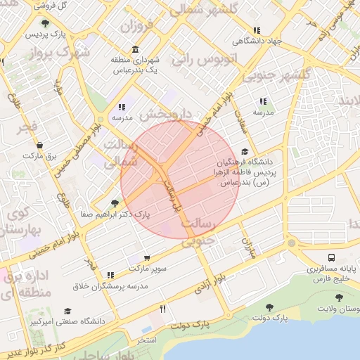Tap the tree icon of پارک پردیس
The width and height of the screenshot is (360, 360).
tap(45, 22)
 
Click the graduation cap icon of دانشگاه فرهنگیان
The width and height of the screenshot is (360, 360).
tap(244, 151)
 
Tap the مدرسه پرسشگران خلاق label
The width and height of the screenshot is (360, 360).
tap(112, 286)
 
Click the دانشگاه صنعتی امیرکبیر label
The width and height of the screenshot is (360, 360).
tap(67, 321)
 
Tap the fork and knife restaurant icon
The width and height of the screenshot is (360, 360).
tap(163, 309)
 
